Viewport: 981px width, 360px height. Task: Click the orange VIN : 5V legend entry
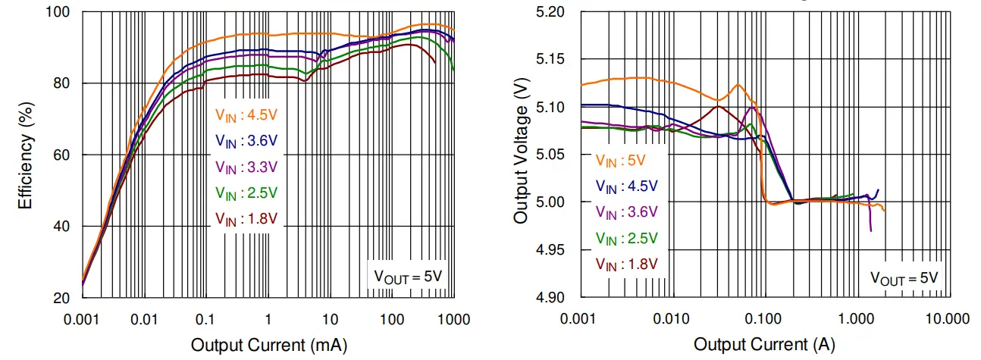click(x=620, y=161)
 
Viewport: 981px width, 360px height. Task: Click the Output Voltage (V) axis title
click(x=521, y=155)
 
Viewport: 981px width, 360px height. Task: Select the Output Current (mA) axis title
click(x=268, y=346)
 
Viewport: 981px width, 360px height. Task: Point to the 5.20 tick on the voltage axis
click(x=550, y=12)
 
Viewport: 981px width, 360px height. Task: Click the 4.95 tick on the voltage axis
click(x=550, y=249)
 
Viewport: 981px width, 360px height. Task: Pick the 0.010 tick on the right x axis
click(x=671, y=318)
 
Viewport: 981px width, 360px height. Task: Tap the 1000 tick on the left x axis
click(x=453, y=318)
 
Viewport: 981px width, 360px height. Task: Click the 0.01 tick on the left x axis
click(x=144, y=318)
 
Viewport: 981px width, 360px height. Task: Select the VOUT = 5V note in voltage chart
click(x=904, y=277)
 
